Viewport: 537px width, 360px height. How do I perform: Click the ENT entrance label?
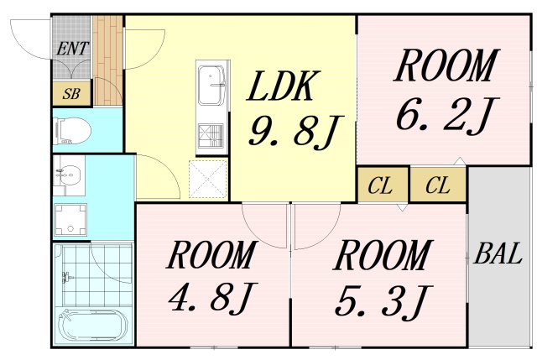[71, 49]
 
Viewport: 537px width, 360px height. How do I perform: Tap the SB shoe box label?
[71, 93]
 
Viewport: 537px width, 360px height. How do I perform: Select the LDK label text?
[282, 86]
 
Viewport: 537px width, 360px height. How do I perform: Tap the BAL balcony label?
[499, 254]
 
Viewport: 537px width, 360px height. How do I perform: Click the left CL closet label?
[380, 186]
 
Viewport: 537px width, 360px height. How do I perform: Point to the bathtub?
[91, 325]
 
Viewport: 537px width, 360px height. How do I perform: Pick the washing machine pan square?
[70, 220]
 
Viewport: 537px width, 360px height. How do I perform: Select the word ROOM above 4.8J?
[211, 255]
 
